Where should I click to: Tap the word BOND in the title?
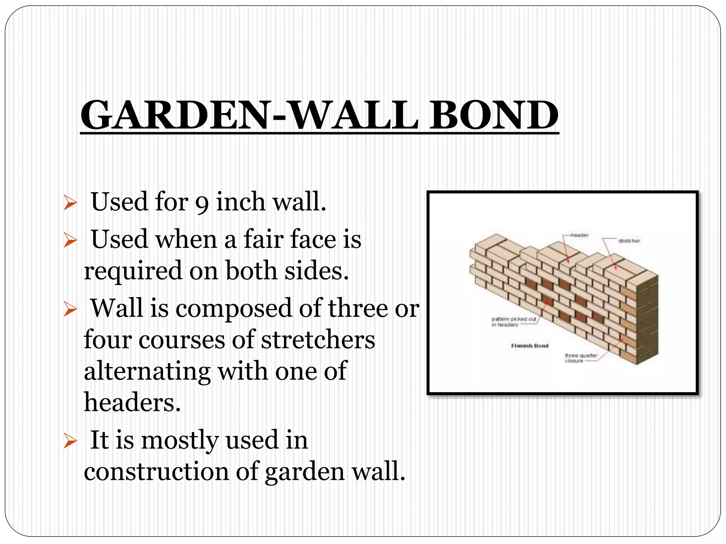coord(494,115)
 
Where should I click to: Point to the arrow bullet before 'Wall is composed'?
coord(70,309)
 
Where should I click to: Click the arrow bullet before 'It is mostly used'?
coord(70,441)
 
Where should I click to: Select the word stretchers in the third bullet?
coord(318,340)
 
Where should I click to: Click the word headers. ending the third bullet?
coord(132,403)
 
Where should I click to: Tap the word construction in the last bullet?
coord(156,471)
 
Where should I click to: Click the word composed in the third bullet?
coord(234,308)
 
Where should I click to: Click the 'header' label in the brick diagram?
coord(579,235)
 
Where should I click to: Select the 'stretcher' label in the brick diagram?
coord(629,241)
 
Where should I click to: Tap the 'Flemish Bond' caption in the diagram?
coord(530,346)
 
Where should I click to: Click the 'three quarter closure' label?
coord(581,358)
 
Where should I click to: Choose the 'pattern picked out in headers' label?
coord(514,322)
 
